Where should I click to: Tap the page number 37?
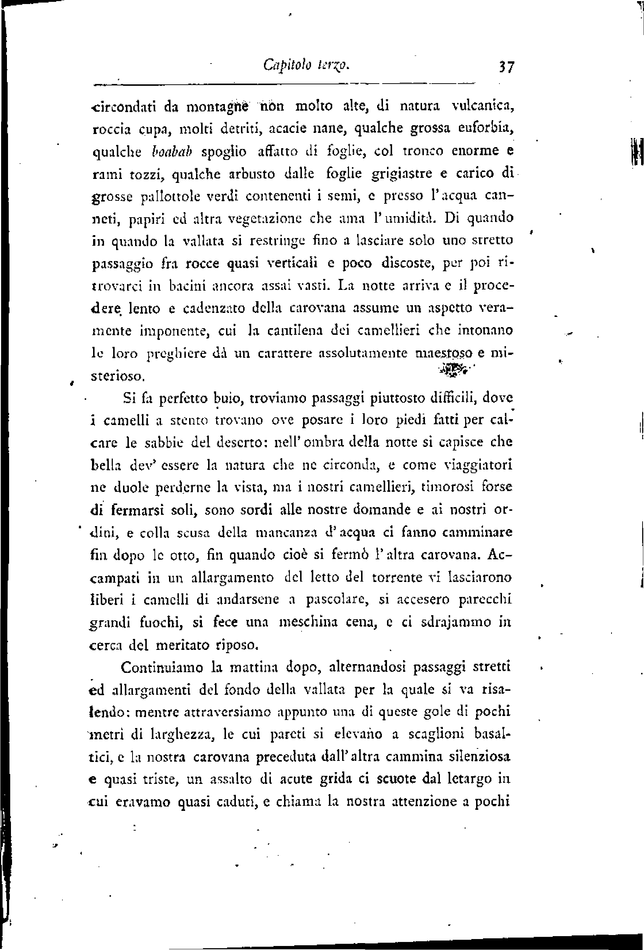click(505, 66)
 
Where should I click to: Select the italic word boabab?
click(171, 152)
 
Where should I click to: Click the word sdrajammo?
click(445, 622)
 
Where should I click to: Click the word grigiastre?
click(402, 175)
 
